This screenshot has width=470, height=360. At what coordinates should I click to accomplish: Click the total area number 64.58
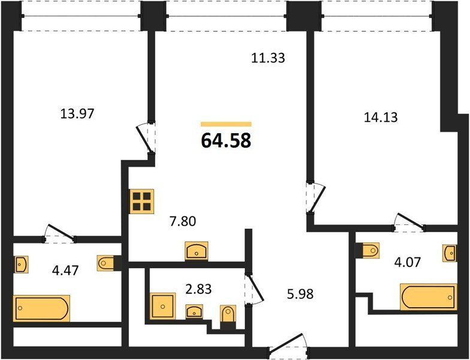[226, 140]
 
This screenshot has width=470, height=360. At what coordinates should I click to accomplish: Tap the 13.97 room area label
[77, 114]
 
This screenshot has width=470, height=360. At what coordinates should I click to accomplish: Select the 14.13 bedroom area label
[381, 118]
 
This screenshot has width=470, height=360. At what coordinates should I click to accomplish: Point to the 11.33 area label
[267, 58]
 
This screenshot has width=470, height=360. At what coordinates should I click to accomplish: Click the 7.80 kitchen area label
[182, 221]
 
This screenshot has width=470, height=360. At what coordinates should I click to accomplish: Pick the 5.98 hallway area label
[300, 294]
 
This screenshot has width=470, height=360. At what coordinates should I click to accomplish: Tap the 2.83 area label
[198, 289]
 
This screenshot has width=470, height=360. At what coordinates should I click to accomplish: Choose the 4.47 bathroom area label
[65, 271]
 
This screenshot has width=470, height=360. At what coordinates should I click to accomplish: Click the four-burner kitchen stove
[141, 202]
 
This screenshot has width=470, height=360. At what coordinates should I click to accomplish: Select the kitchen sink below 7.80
[197, 251]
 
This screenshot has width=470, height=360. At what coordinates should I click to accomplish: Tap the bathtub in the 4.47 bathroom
[41, 308]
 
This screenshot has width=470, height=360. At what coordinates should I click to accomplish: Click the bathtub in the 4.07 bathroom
[429, 297]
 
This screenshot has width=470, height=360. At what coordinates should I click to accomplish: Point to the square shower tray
[162, 306]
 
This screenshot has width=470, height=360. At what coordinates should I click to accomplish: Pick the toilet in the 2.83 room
[228, 314]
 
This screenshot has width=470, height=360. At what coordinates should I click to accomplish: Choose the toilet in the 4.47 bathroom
[106, 263]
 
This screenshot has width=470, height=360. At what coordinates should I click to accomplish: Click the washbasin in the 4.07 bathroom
[450, 253]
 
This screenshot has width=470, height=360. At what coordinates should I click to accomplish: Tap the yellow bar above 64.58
[226, 124]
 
